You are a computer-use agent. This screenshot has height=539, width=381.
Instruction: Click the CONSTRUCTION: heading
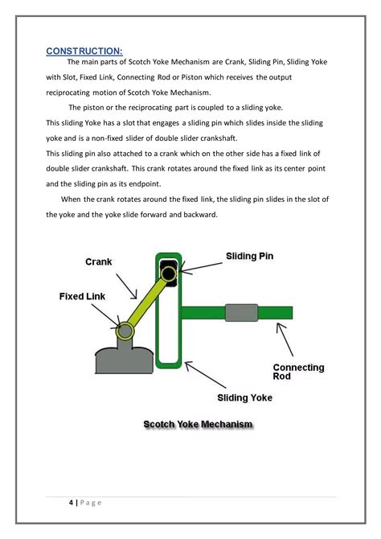[84, 51]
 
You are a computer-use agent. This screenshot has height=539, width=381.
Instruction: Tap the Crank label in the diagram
[99, 261]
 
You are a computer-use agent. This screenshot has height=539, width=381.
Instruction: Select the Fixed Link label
[82, 296]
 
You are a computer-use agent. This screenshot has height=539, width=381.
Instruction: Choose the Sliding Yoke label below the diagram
[245, 397]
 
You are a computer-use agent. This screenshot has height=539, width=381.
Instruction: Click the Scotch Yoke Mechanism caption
[198, 424]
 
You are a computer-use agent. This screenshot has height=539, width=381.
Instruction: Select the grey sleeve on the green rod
[241, 313]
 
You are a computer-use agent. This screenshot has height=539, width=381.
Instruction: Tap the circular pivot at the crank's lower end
[125, 331]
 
